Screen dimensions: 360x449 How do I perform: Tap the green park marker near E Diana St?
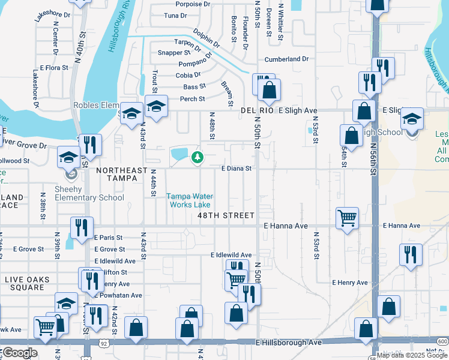(x=196, y=158)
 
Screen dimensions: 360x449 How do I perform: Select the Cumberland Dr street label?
(x=286, y=59)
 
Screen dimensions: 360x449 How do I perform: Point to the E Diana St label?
(x=236, y=169)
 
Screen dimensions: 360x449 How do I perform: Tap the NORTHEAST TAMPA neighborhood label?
(x=122, y=170)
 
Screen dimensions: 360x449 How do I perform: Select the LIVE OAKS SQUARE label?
(x=25, y=283)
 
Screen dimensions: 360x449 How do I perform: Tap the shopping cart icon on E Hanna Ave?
(x=347, y=218)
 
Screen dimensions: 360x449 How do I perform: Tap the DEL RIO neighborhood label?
(x=257, y=111)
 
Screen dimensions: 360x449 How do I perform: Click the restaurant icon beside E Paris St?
(x=82, y=227)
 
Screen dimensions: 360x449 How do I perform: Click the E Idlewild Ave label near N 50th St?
(x=231, y=255)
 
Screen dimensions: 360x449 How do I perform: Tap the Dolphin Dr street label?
(x=206, y=37)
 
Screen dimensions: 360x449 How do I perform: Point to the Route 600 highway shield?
(x=442, y=341)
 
